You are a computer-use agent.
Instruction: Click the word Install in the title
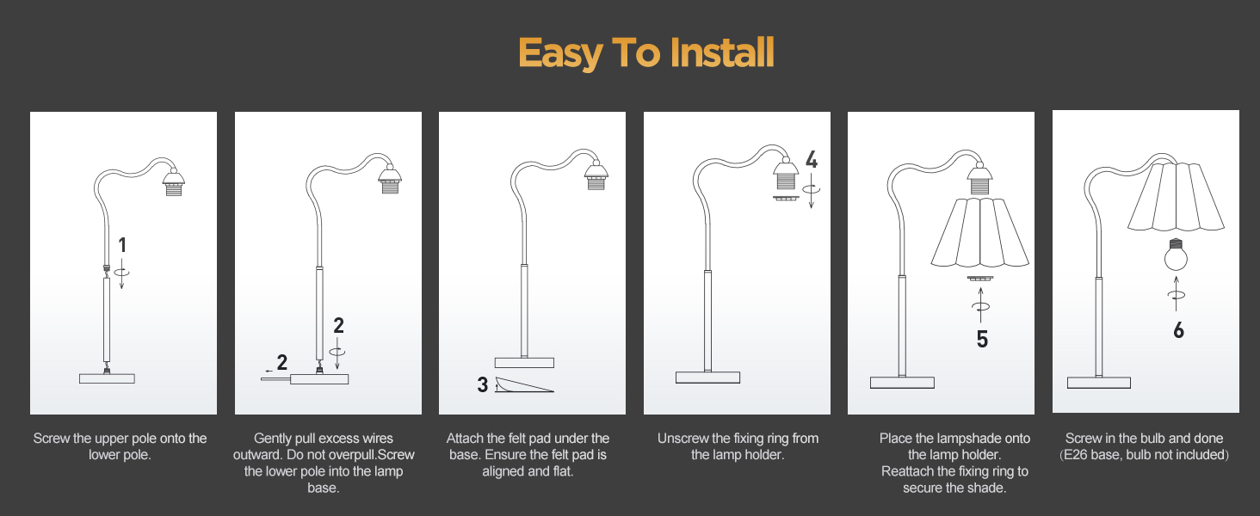[722, 52]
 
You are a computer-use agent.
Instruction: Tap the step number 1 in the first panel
[122, 245]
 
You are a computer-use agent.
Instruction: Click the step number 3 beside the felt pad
[482, 384]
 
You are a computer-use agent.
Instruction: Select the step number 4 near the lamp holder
[811, 160]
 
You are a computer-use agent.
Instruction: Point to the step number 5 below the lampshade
[982, 339]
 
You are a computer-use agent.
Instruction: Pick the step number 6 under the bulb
[1178, 330]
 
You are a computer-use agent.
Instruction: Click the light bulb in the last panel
[1176, 255]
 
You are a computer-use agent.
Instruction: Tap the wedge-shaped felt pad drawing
[524, 384]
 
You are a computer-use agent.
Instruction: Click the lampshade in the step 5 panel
[980, 232]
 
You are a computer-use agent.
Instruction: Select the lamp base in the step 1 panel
[107, 378]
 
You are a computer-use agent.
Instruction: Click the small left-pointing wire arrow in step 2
[269, 371]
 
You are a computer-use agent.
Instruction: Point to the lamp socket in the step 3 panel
[596, 176]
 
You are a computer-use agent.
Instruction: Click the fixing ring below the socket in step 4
[786, 198]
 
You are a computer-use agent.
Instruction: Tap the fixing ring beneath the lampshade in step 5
[980, 278]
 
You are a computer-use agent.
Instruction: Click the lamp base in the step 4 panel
[707, 378]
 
